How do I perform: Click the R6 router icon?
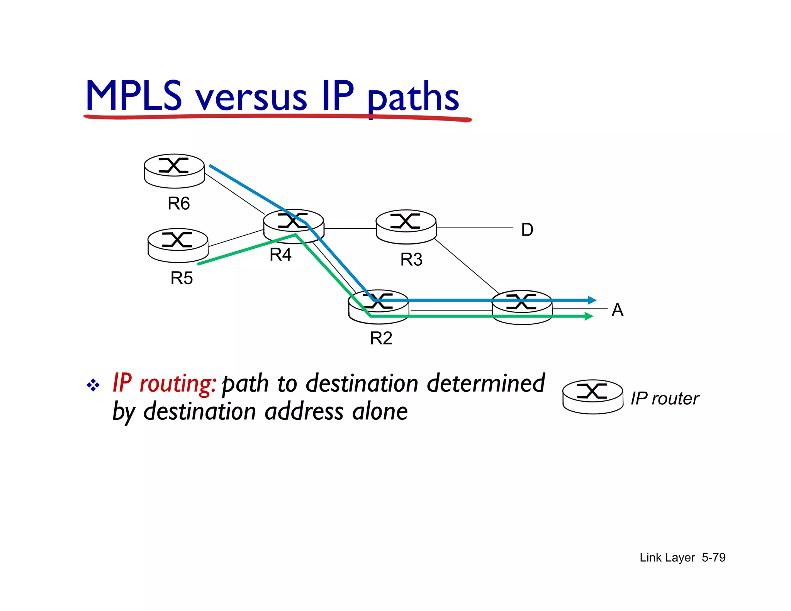click(174, 171)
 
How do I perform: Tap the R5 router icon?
click(178, 245)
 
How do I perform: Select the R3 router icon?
click(406, 227)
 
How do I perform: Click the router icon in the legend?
click(592, 397)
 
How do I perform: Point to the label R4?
click(280, 255)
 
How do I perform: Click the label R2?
click(381, 338)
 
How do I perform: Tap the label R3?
click(411, 260)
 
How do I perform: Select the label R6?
click(178, 204)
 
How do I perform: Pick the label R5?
click(182, 278)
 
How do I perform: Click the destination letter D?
click(527, 230)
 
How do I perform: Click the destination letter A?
click(617, 310)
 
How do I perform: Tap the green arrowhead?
click(589, 316)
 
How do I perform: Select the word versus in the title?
click(251, 98)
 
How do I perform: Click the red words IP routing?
click(164, 384)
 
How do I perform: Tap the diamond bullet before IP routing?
click(93, 385)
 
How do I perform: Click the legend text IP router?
click(664, 399)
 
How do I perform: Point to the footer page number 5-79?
click(713, 557)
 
